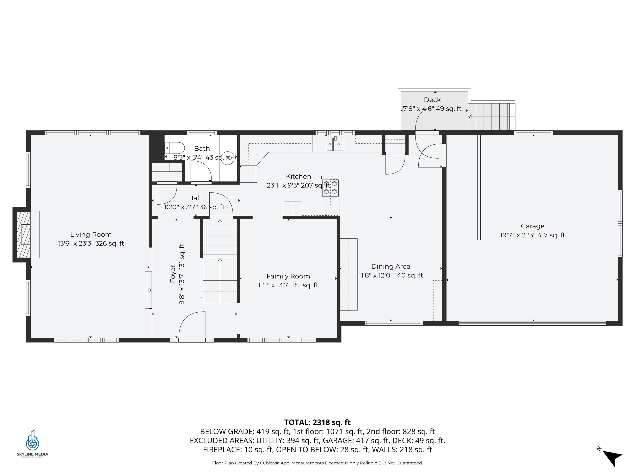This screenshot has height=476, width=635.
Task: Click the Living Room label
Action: click(91, 234)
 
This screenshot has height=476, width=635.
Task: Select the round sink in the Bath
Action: click(228, 158)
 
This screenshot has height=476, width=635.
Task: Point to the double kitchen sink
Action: click(335, 144)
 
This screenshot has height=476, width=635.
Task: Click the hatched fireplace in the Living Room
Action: click(24, 234)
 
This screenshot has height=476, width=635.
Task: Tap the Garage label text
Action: click(532, 226)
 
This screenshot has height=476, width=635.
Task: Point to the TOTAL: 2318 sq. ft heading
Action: click(317, 422)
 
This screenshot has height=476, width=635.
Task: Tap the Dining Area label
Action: click(391, 266)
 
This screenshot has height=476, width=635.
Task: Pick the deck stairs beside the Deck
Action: click(492, 117)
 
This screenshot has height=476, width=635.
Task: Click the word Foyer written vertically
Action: click(173, 274)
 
